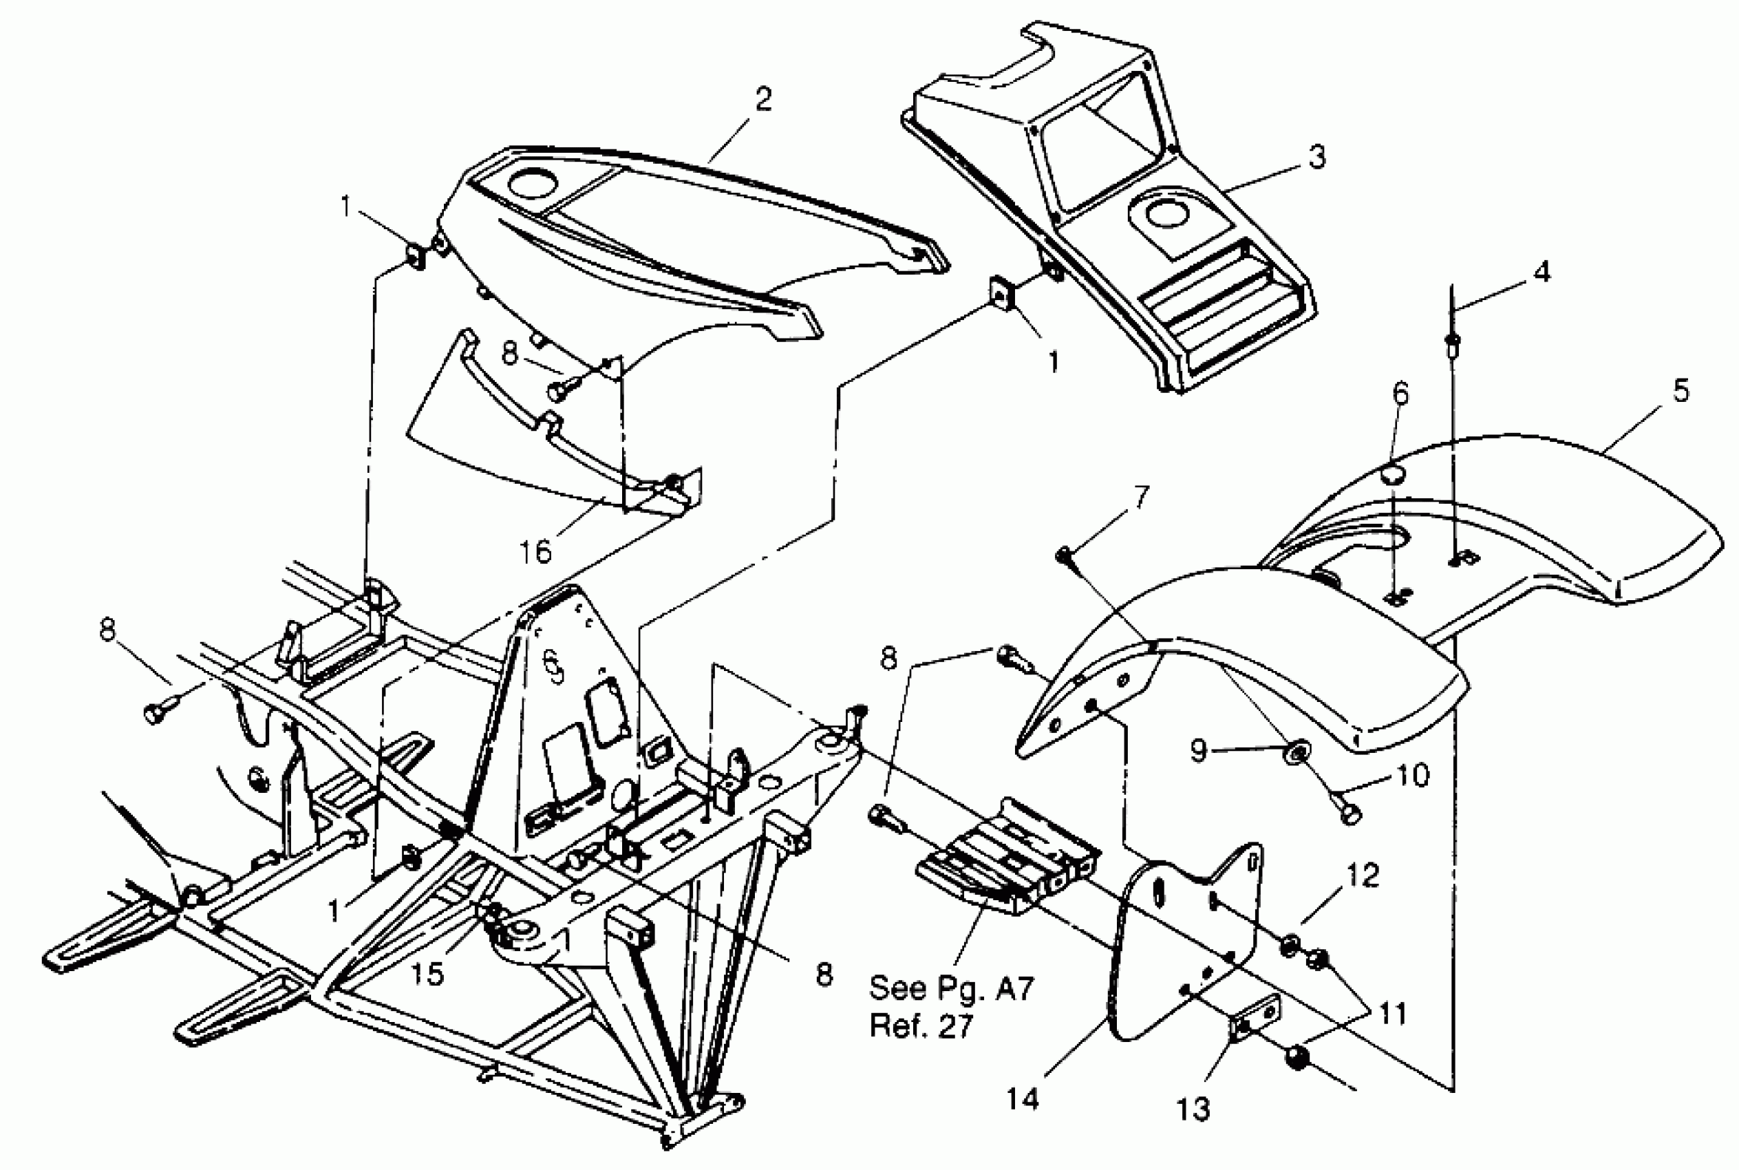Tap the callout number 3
pos(1317,158)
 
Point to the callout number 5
pos(1680,390)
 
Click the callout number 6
pos(1400,393)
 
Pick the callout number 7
pos(1142,496)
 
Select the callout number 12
pos(1364,875)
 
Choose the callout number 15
pos(427,973)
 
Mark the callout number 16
pos(535,551)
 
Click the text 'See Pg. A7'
pos(951,989)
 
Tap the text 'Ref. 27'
pos(922,1027)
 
